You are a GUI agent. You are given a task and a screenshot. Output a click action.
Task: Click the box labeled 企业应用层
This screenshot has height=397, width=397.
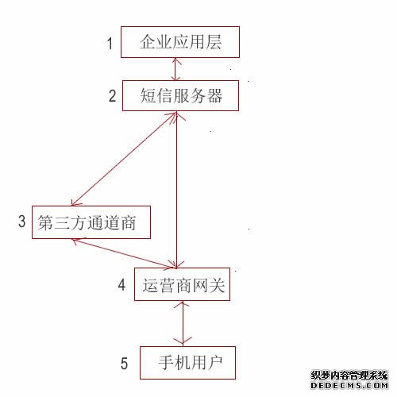[180, 42]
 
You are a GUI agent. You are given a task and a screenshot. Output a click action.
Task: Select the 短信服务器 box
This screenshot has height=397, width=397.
[180, 95]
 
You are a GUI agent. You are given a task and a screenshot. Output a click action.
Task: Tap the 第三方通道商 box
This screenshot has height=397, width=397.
[91, 222]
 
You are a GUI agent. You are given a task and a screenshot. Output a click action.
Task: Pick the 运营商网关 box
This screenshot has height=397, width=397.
[182, 284]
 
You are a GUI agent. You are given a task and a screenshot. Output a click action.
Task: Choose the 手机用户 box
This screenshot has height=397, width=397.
[187, 363]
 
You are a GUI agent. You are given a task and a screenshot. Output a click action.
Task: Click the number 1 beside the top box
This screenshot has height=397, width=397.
[110, 43]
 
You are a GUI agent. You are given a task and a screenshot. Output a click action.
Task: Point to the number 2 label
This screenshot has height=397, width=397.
[113, 96]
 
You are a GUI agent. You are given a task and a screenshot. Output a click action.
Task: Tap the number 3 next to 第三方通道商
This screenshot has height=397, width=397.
[22, 221]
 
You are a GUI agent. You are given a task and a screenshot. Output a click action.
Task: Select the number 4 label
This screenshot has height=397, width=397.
[121, 285]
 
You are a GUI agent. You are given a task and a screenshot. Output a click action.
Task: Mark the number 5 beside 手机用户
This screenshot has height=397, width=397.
[124, 363]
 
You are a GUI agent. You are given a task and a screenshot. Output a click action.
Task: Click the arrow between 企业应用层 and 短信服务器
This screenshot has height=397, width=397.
[175, 69]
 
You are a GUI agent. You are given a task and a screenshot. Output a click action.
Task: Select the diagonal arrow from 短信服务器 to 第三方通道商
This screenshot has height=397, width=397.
[124, 159]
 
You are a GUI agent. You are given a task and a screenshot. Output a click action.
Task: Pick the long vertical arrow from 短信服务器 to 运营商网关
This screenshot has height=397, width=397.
[176, 190]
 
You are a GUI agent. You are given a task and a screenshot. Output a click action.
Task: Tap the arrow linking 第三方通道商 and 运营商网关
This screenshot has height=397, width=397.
[124, 253]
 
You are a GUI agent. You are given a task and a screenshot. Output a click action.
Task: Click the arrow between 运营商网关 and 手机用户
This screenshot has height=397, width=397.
[183, 323]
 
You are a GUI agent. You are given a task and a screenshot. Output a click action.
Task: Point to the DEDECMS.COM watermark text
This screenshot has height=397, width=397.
[349, 385]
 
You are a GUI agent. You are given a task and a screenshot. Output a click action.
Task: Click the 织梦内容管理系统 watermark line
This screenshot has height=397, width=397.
[349, 376]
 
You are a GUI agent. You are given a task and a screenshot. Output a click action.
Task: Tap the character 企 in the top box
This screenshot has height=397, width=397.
[148, 42]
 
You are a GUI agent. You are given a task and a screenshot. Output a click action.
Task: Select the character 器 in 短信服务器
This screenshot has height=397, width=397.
[214, 95]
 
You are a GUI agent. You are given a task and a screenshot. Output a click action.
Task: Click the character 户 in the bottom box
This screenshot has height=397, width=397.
[214, 362]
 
